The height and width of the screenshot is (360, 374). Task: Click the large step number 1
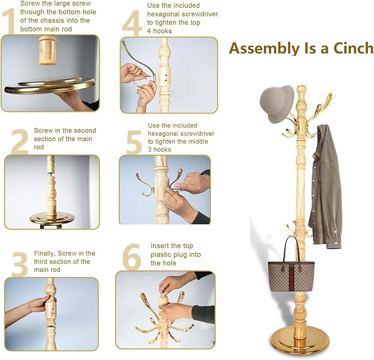click(x=9, y=21)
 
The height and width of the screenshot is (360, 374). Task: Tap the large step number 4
click(x=132, y=23)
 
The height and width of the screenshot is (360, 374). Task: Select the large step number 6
click(x=132, y=257)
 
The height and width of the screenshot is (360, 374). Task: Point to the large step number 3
click(x=20, y=265)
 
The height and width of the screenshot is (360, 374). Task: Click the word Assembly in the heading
click(x=264, y=49)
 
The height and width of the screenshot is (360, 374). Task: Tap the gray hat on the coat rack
click(x=277, y=104)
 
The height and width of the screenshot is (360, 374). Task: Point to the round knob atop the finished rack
click(x=301, y=91)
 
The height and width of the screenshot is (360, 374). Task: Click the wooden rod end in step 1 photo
click(x=48, y=50)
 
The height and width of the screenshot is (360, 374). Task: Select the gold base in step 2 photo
click(x=52, y=218)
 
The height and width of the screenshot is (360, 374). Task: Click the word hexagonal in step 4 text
click(x=164, y=14)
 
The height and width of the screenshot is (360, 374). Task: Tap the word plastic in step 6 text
click(x=162, y=255)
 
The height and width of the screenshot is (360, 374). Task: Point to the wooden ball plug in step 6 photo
click(x=163, y=300)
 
